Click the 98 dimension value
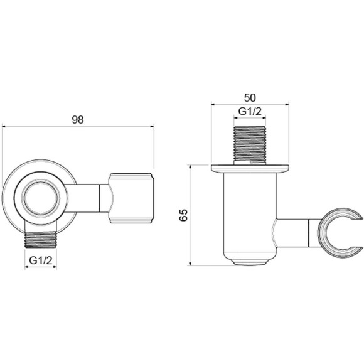pyautogui.click(x=78, y=119)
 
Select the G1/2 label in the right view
pyautogui.click(x=250, y=112)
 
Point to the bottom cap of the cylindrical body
pyautogui.click(x=250, y=258)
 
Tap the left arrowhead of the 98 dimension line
pyautogui.click(x=6, y=126)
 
